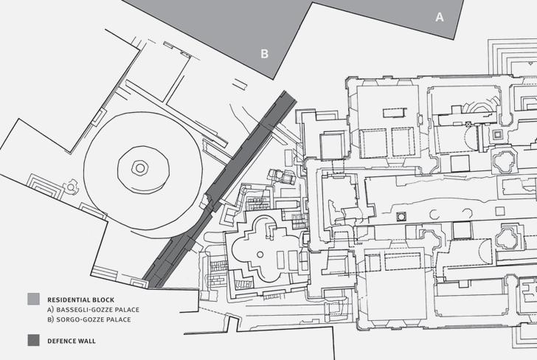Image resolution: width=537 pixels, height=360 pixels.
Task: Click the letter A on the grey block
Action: pos(440,16)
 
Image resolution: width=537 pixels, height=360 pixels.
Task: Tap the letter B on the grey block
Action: pos(263,52)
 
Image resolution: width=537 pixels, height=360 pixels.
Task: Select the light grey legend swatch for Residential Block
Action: pos(33,300)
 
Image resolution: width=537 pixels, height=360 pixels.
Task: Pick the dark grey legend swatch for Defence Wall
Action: pos(33,341)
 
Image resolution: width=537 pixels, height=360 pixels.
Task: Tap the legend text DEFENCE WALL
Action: pos(72,342)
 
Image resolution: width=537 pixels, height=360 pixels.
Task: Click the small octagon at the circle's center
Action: pos(139,167)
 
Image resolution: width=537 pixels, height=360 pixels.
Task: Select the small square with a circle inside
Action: pos(401,216)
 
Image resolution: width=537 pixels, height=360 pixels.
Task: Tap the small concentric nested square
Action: pos(497,135)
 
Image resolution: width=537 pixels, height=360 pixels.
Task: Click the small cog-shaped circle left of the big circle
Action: pos(71,187)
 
